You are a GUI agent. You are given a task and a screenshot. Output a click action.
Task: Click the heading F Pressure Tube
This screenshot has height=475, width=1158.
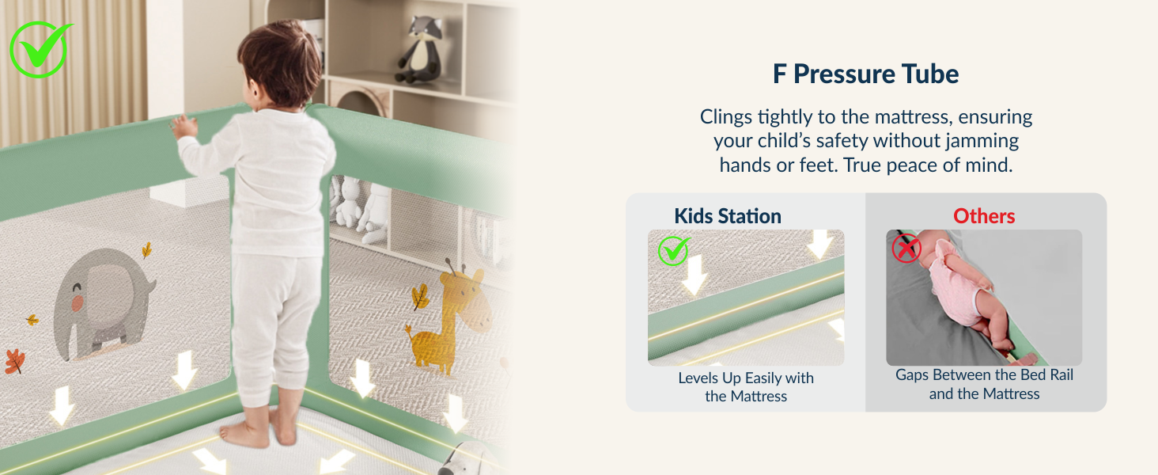coord(865,74)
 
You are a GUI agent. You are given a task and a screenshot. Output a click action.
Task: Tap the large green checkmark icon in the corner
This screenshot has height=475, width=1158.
coord(40,49)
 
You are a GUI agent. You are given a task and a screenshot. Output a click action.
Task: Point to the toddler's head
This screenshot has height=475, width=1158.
coord(281,63)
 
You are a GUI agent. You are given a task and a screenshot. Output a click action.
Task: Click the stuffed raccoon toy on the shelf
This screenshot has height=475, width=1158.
coord(418,47)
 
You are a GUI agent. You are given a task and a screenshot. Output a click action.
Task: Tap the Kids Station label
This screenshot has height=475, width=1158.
coord(727,216)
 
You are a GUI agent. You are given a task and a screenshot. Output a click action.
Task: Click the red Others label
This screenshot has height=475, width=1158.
coord(984,216)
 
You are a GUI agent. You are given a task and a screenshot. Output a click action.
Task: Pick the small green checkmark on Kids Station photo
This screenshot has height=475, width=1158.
coord(673,252)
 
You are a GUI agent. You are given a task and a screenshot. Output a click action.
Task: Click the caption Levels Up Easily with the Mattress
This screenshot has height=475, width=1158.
coord(746,386)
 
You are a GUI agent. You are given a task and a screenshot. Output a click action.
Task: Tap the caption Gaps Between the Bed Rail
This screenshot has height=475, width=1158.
coord(984,375)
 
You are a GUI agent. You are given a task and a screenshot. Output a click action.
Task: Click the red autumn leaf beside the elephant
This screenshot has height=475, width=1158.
coord(14,361)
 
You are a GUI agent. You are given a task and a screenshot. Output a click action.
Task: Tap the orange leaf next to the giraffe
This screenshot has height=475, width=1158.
coord(419,298)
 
